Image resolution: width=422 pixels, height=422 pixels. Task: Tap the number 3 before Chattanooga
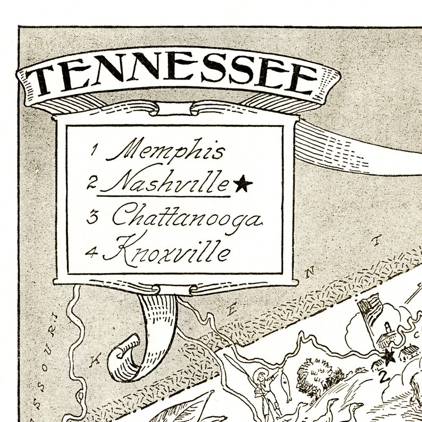(x=92, y=217)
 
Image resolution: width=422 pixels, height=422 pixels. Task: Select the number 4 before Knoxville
(x=92, y=252)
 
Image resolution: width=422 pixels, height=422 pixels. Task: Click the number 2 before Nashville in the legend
(x=92, y=184)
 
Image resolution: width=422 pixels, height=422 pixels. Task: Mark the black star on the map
(x=390, y=356)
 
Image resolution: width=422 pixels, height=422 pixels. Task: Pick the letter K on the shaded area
(x=96, y=361)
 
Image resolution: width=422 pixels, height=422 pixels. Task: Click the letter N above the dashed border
(x=313, y=273)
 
